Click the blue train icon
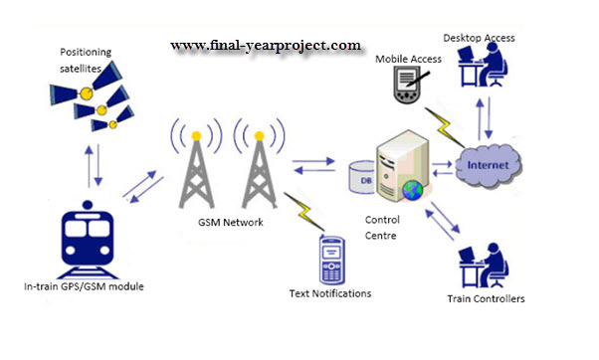point(88,240)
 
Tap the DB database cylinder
point(362,177)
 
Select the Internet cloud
point(489,165)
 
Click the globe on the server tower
point(412,190)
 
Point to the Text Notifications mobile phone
point(332,260)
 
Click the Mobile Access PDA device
point(408,85)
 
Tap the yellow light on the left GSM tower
point(196,136)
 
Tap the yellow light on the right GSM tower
point(260,136)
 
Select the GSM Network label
point(231,222)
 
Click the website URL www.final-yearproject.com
point(266,46)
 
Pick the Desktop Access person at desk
point(483,65)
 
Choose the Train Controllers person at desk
point(484,265)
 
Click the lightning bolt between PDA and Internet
point(445,127)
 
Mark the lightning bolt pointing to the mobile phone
point(304,212)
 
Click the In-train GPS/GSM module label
point(84,286)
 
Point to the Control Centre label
point(382,228)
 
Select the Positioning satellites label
point(86,61)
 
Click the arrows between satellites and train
point(94,166)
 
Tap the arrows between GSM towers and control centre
point(313,166)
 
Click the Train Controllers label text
point(486,298)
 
